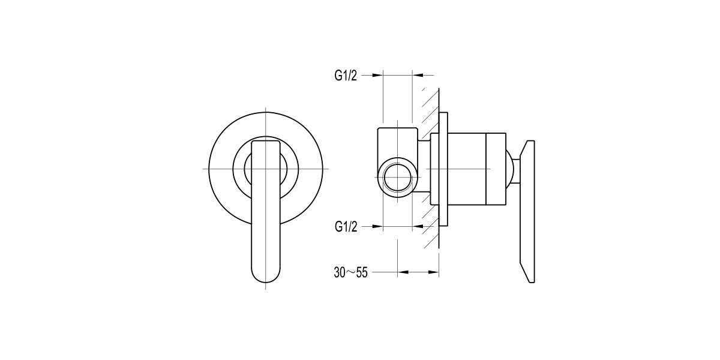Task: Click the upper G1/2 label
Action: pos(346,75)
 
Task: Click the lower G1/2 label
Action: pos(346,226)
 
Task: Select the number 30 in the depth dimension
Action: pos(340,272)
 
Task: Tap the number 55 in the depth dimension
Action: pos(360,272)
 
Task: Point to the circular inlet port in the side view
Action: pos(396,178)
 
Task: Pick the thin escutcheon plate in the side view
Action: pos(444,169)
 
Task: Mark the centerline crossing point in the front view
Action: pos(266,169)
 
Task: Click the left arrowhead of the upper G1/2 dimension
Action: pos(377,75)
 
